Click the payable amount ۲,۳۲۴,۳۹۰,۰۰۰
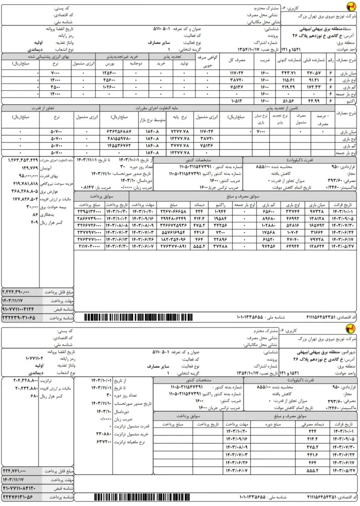point(19,291)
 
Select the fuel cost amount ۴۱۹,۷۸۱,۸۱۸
point(20,183)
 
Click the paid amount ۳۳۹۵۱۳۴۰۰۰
point(89,211)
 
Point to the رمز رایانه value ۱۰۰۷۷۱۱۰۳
point(37,357)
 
